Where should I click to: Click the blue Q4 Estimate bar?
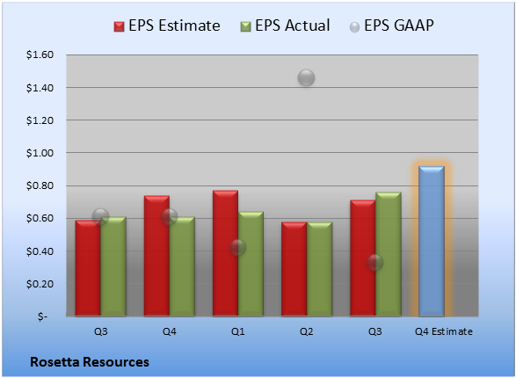pos(432,241)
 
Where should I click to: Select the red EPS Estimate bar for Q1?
pos(225,253)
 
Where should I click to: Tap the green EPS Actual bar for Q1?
pos(251,264)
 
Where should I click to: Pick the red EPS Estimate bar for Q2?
pos(294,269)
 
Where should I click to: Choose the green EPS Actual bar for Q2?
pos(320,269)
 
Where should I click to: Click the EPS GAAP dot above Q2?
pos(307,78)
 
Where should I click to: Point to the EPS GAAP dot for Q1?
pos(237,247)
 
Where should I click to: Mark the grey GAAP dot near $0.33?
pos(374,262)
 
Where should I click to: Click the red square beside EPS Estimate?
pos(120,26)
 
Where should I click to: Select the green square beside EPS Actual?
pos(245,26)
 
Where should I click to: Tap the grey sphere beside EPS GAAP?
pos(354,27)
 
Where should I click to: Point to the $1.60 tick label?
pos(40,55)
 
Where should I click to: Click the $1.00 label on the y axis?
pos(40,153)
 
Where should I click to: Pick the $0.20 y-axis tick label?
pos(40,284)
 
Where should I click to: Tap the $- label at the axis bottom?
pos(42,316)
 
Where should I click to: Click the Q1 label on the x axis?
pos(238,331)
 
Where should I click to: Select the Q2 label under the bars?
pos(307,331)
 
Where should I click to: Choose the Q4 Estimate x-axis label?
pos(444,331)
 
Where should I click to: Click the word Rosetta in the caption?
pos(55,362)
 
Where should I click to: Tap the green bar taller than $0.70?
pos(389,254)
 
